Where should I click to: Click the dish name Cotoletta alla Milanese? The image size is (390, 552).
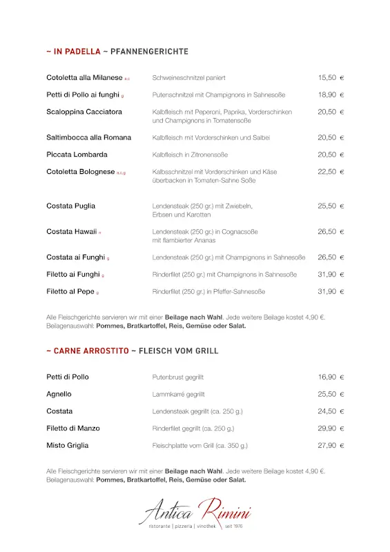tap(84, 78)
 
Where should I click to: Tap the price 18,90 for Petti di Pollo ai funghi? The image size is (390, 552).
tap(327, 95)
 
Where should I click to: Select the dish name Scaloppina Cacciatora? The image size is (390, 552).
tap(84, 112)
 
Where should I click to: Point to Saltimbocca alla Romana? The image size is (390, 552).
tap(88, 137)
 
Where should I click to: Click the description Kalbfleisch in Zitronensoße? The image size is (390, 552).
tap(190, 155)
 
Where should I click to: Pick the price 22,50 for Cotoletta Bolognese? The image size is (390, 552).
tap(327, 172)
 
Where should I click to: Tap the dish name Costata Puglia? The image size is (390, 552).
tap(71, 206)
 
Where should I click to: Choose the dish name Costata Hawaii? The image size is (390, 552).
tap(71, 232)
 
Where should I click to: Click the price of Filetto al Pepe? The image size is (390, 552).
tap(327, 291)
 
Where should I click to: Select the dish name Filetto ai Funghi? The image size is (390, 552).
tap(73, 274)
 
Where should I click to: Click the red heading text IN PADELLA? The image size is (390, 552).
tap(77, 52)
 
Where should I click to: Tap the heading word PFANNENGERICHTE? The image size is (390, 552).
tap(148, 52)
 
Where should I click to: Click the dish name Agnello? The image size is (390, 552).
tap(59, 394)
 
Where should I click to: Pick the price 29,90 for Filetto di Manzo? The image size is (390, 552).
tap(327, 428)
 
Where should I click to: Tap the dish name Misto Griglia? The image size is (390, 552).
tap(68, 446)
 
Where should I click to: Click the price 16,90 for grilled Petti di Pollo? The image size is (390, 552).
tap(327, 377)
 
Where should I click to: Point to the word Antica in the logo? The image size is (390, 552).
tap(169, 513)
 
